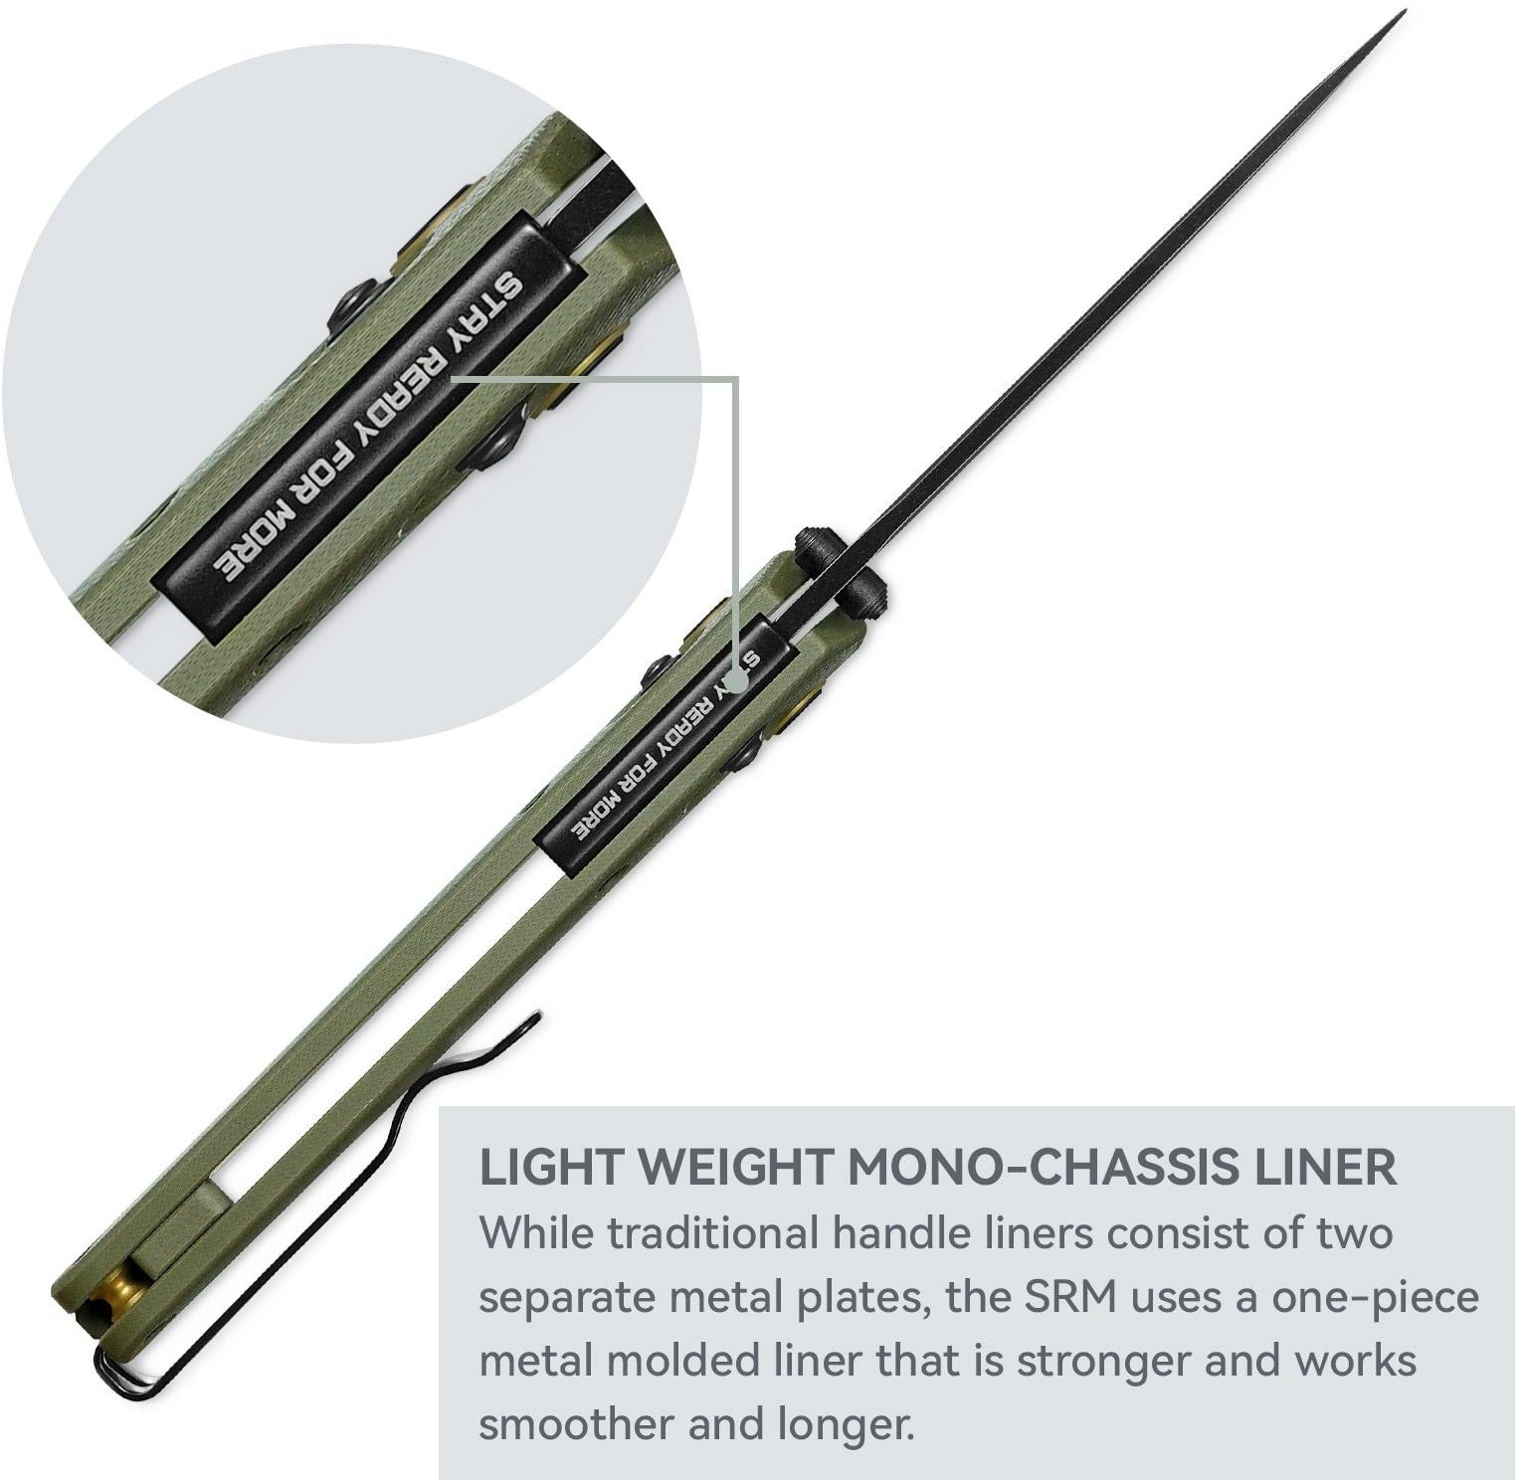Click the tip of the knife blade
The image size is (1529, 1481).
pyautogui.click(x=1404, y=12)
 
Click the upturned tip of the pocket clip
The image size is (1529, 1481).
pyautogui.click(x=535, y=1018)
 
